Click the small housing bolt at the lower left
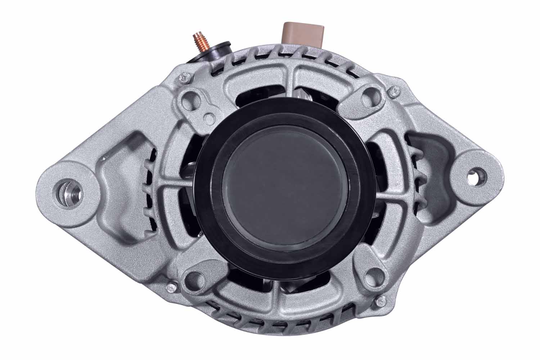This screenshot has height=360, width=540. click(x=170, y=288)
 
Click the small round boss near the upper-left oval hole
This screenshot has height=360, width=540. click(x=208, y=117)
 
